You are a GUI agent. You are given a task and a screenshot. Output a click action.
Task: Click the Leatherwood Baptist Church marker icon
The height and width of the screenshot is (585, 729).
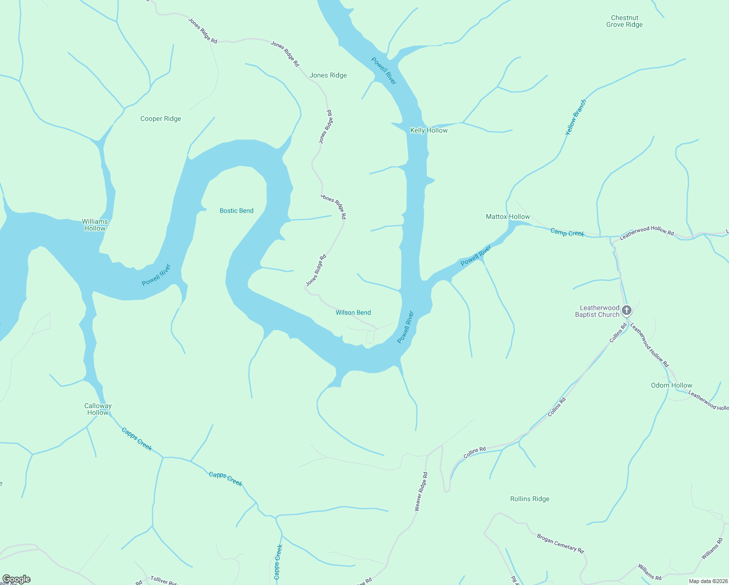[627, 310]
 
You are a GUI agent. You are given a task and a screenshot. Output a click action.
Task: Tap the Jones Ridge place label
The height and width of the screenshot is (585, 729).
[328, 75]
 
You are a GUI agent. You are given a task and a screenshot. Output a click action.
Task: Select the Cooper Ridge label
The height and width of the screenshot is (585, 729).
[160, 118]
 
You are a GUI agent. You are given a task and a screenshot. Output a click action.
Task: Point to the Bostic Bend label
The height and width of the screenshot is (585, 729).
[236, 211]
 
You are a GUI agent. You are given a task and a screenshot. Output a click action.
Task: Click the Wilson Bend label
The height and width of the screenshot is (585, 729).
[353, 312]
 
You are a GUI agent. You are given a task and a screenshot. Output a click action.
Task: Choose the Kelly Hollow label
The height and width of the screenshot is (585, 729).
[429, 130]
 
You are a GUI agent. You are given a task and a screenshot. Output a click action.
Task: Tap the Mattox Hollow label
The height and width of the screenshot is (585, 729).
[508, 216]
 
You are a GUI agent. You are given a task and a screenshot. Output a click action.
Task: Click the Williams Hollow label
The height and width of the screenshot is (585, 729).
[95, 225]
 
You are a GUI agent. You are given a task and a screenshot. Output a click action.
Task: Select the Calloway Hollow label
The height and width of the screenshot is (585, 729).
[98, 409]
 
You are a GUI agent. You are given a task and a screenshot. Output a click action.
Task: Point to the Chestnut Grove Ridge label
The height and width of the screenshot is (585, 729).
[624, 21]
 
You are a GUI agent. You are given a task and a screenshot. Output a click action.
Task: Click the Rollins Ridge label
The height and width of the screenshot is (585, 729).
[530, 499]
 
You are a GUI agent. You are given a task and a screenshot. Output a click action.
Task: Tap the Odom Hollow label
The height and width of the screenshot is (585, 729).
[671, 385]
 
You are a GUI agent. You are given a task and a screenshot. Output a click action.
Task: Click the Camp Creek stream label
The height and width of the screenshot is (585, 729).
[567, 233]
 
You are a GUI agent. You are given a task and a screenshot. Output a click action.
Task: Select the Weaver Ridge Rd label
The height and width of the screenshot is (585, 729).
[422, 491]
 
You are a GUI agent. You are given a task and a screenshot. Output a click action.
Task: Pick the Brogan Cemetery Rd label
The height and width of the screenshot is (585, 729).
[560, 543]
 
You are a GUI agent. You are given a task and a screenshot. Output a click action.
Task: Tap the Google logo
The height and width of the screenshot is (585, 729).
[16, 579]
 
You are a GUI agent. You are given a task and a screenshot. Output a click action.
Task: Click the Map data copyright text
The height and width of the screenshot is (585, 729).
[708, 581]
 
